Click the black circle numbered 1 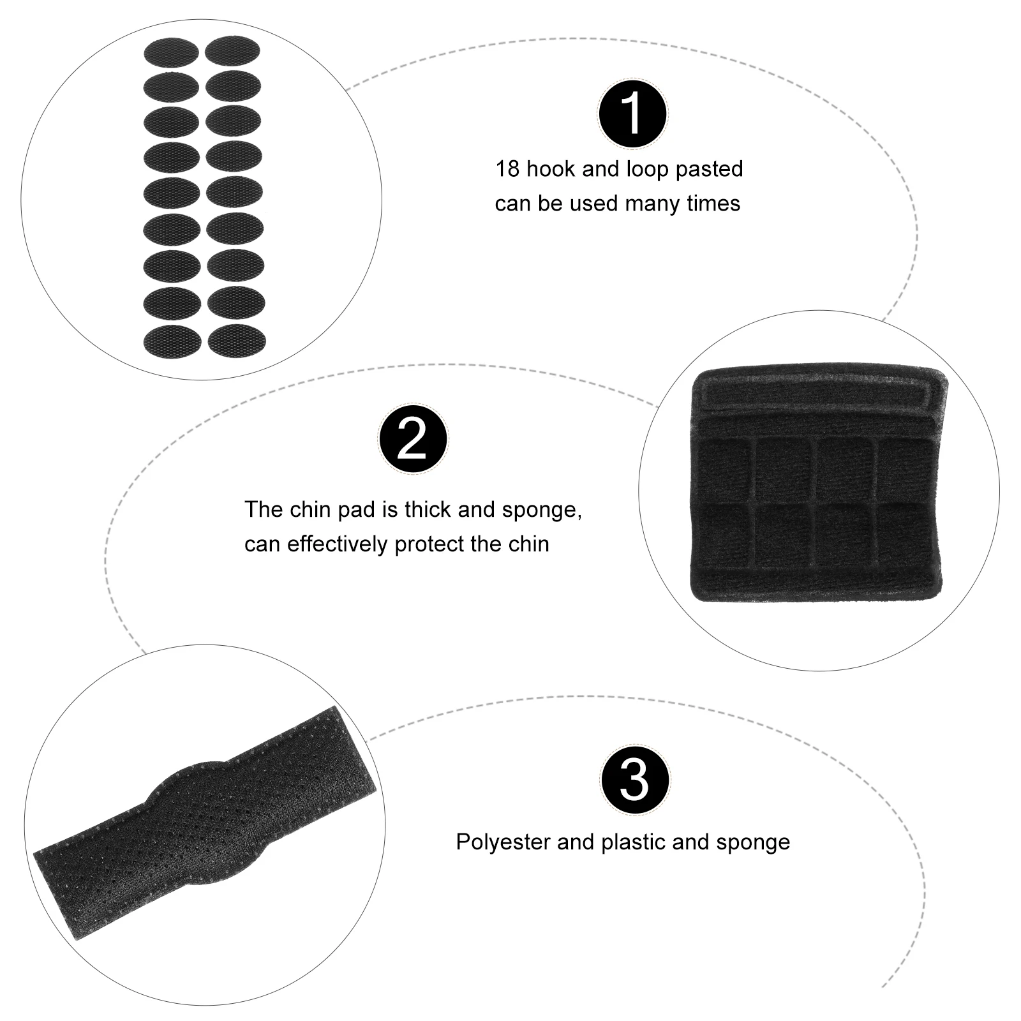click(632, 114)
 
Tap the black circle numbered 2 click(413, 439)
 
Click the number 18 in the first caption click(507, 170)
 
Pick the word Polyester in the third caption click(503, 842)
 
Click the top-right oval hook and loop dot click(233, 50)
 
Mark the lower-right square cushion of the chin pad click(905, 535)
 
